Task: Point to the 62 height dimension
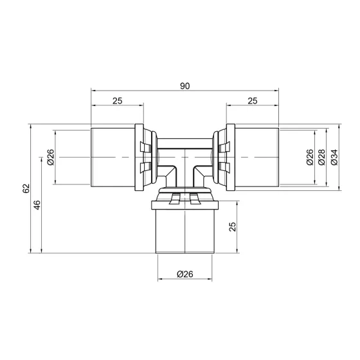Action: pos(26,189)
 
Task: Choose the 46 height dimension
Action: pos(38,204)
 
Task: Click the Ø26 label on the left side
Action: pos(50,157)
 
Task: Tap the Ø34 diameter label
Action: pos(334,157)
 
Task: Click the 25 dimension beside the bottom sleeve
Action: pos(232,226)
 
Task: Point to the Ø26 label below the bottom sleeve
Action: pos(185,274)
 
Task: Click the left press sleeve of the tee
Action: pos(114,157)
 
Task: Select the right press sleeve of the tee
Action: pos(256,157)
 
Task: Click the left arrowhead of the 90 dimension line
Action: pos(94,89)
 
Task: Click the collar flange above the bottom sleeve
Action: pos(185,206)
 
